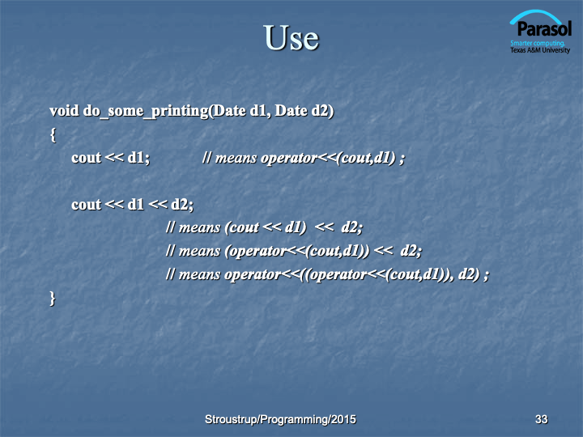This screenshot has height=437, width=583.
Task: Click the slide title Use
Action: point(291,37)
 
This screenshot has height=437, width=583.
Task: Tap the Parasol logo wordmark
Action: point(544,28)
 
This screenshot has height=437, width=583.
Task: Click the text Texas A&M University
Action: point(540,50)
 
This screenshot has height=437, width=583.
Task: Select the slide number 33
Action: point(542,419)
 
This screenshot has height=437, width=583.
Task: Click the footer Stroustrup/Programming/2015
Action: point(280,419)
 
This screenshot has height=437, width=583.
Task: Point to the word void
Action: point(64,111)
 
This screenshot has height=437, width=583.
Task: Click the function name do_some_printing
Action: point(146,112)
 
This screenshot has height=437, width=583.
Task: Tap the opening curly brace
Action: point(53,135)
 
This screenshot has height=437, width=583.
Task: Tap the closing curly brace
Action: point(53,299)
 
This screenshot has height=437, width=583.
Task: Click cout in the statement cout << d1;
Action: point(87,158)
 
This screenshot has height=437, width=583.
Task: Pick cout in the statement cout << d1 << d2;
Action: point(87,205)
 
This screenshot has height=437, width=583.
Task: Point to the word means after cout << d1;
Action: point(236,159)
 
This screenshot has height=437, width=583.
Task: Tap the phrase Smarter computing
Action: point(538,43)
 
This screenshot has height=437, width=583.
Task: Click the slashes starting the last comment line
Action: point(170,274)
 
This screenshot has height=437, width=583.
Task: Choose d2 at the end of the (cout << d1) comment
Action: point(351,227)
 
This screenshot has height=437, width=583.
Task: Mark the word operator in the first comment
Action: point(289,159)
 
